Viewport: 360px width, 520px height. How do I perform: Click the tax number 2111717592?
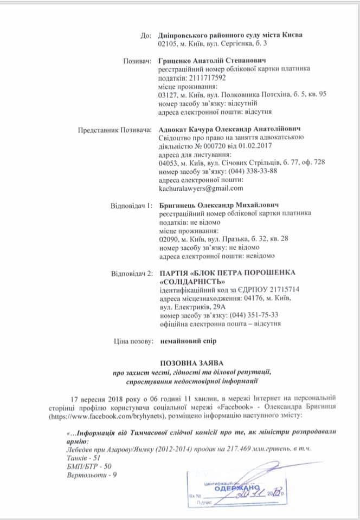[x=205, y=77]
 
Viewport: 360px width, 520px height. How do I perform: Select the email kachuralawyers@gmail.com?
[x=201, y=188]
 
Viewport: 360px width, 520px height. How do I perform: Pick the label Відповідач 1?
[x=130, y=206]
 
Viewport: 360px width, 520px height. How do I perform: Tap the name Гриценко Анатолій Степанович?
[x=211, y=61]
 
